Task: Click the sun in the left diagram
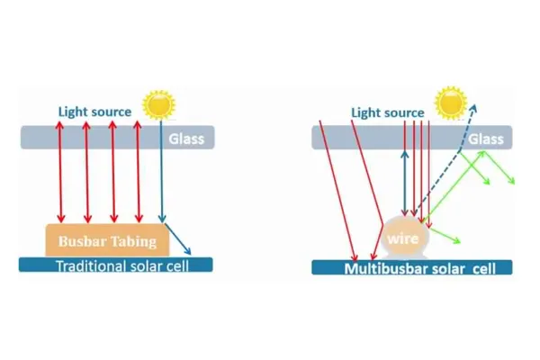pos(159,105)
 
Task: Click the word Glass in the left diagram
pos(187,139)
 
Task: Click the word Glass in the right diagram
pos(486,139)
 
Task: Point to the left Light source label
pos(94,112)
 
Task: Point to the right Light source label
pos(387,112)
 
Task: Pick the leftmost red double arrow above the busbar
pos(61,171)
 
